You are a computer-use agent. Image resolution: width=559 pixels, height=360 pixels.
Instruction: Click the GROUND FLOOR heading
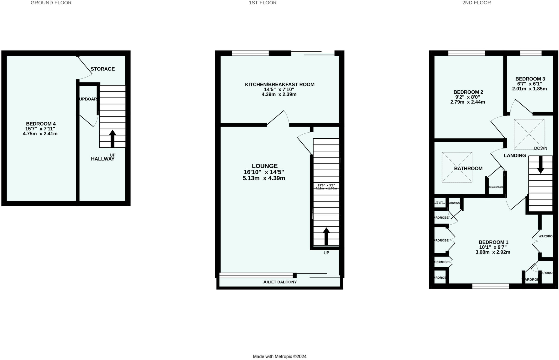pyautogui.click(x=51, y=3)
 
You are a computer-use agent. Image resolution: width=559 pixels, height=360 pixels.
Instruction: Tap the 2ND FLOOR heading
pyautogui.click(x=476, y=3)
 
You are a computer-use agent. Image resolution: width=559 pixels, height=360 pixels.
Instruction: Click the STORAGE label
pyautogui.click(x=103, y=69)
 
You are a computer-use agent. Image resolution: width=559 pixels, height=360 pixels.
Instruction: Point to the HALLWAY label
pyautogui.click(x=102, y=159)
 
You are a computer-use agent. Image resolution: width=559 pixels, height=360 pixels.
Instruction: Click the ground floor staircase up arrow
pyautogui.click(x=112, y=138)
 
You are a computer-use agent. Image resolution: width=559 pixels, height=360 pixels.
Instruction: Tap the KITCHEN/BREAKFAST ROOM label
pyautogui.click(x=279, y=85)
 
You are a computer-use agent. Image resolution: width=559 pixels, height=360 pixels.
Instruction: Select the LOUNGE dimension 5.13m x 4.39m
pyautogui.click(x=264, y=178)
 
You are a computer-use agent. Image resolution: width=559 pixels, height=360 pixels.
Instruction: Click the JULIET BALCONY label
pyautogui.click(x=279, y=282)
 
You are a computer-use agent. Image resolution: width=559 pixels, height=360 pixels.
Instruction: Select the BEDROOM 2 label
pyautogui.click(x=468, y=92)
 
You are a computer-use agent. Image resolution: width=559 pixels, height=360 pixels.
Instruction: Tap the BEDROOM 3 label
pyautogui.click(x=530, y=79)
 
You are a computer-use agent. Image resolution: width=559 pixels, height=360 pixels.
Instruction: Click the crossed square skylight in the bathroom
pyautogui.click(x=457, y=167)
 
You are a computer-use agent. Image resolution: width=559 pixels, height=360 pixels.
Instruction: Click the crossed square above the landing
pyautogui.click(x=529, y=134)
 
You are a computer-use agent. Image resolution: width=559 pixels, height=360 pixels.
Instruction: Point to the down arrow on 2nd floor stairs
pyautogui.click(x=540, y=165)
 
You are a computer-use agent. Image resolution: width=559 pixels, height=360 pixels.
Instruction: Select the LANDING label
pyautogui.click(x=515, y=156)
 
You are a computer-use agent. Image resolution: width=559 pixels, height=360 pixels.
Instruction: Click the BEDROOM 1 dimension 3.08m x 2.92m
pyautogui.click(x=493, y=252)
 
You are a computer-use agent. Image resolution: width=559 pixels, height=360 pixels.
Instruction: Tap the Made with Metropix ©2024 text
pyautogui.click(x=279, y=356)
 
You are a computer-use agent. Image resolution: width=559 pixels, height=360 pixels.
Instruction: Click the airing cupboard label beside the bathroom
pyautogui.click(x=496, y=187)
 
